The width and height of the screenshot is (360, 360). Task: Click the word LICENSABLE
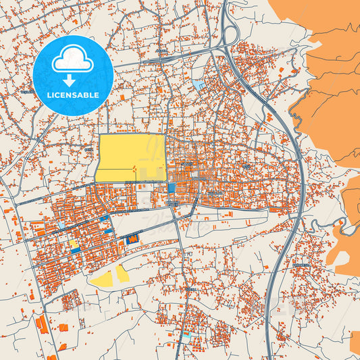coord(73,95)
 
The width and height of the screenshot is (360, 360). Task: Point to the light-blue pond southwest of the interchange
coord(198,85)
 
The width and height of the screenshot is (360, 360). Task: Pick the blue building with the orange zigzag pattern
coord(132,238)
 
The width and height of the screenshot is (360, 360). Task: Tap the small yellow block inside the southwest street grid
coord(73,244)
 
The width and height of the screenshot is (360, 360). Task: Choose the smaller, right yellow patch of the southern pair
coord(122,273)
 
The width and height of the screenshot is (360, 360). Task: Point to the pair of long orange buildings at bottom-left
coord(42,324)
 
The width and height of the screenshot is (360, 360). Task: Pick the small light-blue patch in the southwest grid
coord(61,225)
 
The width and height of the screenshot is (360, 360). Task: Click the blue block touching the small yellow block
coord(76,251)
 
